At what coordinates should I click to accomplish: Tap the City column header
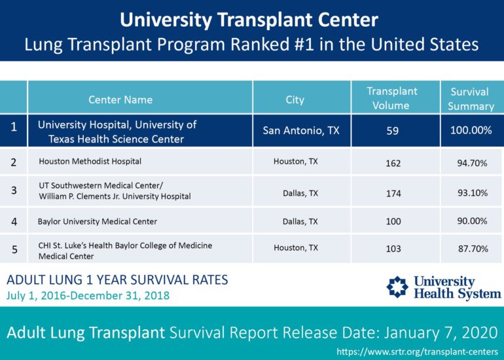295,99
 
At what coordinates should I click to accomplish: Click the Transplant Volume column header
392,98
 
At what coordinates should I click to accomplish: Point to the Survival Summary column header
471,99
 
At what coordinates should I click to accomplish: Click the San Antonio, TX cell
301,130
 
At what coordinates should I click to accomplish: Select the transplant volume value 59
393,130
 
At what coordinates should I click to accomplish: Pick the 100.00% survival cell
471,130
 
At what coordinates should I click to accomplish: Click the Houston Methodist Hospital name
90,160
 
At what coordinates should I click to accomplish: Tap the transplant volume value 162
393,162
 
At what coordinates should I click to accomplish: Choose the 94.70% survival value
472,162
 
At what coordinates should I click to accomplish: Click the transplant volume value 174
393,193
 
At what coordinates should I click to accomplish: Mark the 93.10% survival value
472,192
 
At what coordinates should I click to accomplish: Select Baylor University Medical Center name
98,221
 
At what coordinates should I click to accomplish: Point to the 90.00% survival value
472,221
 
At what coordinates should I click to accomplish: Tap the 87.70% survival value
472,249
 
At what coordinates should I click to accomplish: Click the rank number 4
14,221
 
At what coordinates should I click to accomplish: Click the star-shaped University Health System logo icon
397,287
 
